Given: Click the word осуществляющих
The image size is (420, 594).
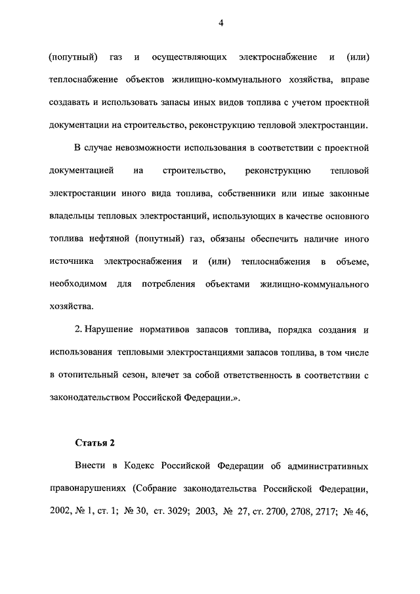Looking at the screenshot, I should pos(180,58).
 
